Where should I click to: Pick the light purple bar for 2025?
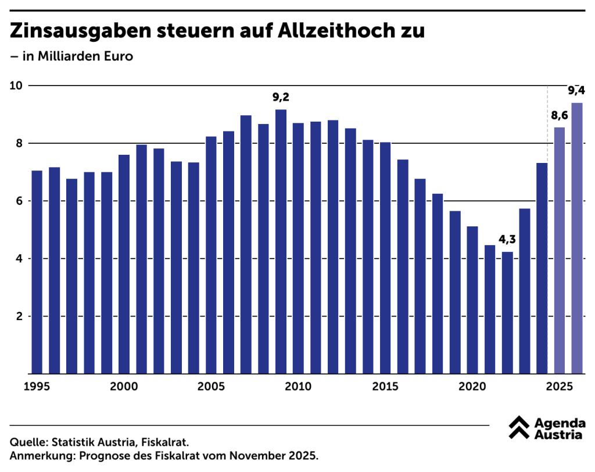pos(560,250)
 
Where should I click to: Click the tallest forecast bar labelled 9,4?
pos(577,238)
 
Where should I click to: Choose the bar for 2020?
pos(472,300)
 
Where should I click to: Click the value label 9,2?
pos(281,97)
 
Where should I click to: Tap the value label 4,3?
pos(507,239)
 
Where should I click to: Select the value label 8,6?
pos(560,115)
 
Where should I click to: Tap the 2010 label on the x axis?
pos(298,386)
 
